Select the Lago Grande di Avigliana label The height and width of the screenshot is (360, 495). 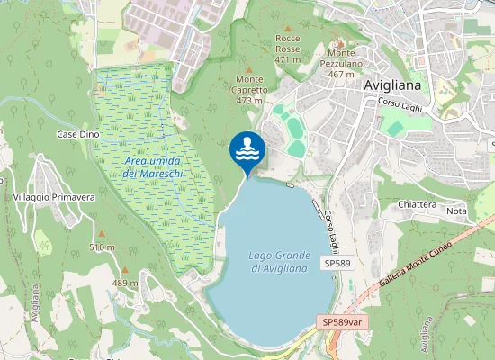click(278, 262)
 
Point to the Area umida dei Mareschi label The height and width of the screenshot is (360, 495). click(152, 166)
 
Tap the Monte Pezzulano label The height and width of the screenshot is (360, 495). click(340, 68)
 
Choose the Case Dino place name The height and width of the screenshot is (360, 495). click(77, 134)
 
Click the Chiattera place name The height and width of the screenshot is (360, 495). click(417, 205)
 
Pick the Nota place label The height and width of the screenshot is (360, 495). click(456, 211)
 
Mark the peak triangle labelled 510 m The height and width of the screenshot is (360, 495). click(102, 235)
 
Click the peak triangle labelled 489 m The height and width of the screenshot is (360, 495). click(124, 271)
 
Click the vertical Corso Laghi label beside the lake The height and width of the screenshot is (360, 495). click(330, 230)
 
